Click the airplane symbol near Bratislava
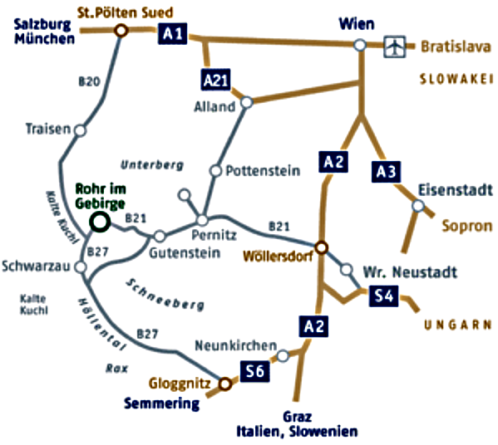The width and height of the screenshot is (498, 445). tap(395, 46)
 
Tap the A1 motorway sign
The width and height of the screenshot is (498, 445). tap(172, 33)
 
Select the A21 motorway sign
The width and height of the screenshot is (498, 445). tap(216, 80)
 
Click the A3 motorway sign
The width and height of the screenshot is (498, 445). tap(386, 172)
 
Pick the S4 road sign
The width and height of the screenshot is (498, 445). tap(383, 296)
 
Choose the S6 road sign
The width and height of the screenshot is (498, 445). tap(254, 371)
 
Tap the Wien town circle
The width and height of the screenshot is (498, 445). tap(360, 45)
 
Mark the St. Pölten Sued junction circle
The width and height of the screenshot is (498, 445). tap(121, 31)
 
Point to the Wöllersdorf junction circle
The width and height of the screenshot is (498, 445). tap(322, 247)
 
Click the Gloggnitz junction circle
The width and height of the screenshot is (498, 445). tap(224, 384)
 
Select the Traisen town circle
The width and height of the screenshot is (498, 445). tap(81, 130)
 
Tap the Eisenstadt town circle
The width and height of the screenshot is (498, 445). tap(418, 206)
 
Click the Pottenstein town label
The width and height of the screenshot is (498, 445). tap(263, 171)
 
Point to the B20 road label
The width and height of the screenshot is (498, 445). tap(89, 82)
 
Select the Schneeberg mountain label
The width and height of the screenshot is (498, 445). tap(165, 295)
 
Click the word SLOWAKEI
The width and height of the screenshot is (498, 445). tap(456, 80)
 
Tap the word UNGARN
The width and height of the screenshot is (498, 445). tap(458, 325)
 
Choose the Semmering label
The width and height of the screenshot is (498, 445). tap(161, 403)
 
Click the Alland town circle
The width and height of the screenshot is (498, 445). tap(247, 102)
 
